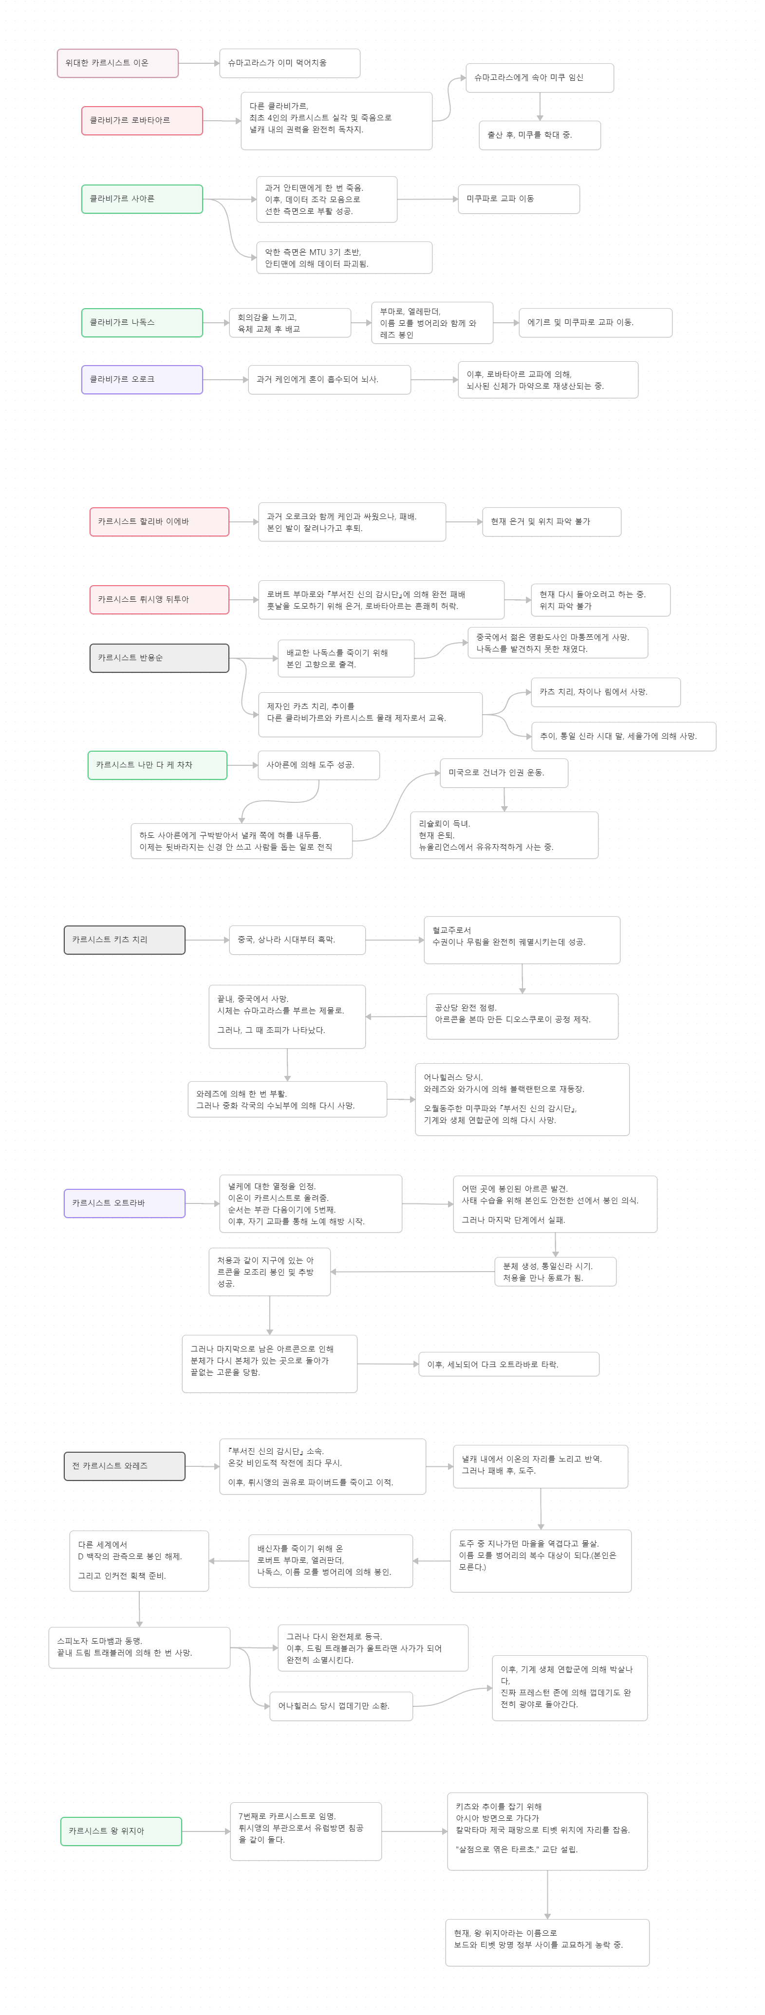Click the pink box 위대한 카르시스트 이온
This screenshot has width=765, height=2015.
point(117,63)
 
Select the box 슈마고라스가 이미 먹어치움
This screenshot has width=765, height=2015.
point(289,63)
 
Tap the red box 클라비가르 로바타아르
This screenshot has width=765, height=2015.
point(142,120)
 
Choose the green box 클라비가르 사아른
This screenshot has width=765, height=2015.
point(142,199)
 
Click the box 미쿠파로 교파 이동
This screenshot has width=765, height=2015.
point(518,199)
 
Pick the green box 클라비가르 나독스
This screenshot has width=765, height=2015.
point(142,322)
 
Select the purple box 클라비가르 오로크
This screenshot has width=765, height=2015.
point(142,379)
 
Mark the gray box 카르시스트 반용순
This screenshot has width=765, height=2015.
point(159,658)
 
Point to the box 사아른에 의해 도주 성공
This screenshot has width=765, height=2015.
point(318,765)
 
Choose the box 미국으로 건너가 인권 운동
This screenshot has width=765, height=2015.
point(503,773)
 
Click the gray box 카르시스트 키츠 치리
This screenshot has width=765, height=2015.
point(124,940)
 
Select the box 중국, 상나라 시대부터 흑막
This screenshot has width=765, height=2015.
point(297,940)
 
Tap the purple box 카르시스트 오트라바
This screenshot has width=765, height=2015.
point(124,1203)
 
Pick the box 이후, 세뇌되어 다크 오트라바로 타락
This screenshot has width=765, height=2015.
point(508,1364)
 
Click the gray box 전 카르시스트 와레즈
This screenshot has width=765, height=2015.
point(124,1466)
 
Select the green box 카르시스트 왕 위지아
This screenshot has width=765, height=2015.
point(121,1831)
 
